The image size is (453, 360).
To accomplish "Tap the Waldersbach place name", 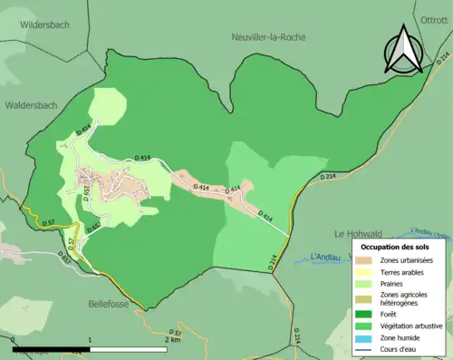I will pos(31,105).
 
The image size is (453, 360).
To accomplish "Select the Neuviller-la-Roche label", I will pos(269,37).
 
